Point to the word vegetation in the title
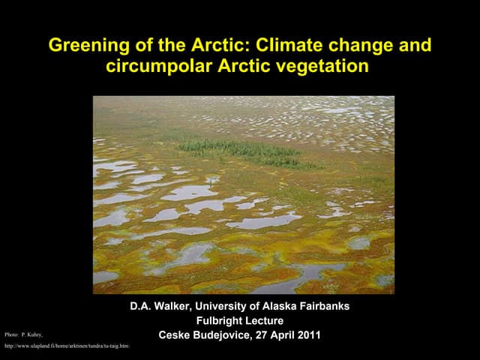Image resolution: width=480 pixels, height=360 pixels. pos(325,66)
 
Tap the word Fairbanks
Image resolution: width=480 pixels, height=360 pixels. pos(322,307)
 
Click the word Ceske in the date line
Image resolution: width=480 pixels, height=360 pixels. pos(175,335)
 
